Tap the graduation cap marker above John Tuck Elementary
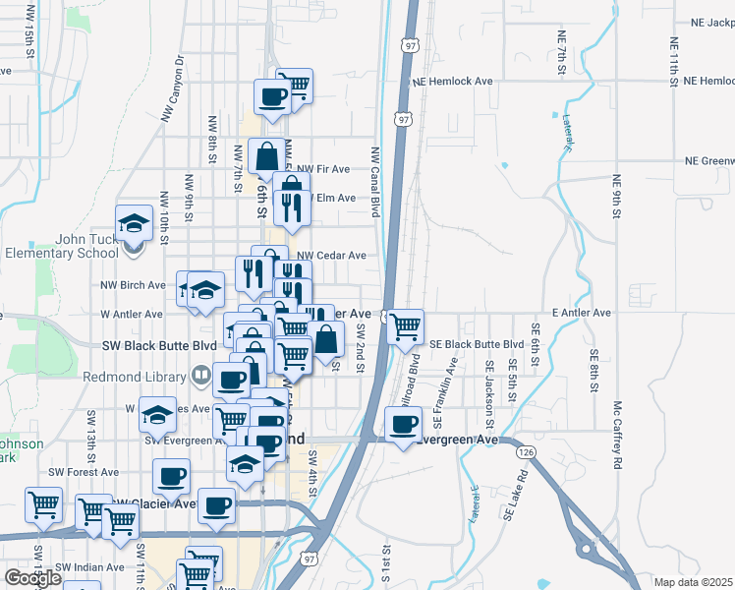coord(134,224)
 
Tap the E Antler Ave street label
coord(581,313)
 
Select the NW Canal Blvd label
coord(375,182)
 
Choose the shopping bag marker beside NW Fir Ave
coord(267,155)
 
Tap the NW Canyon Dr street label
coord(173,88)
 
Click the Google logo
coord(32,578)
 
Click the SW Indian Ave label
coord(89,567)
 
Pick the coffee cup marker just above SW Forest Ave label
coord(171,477)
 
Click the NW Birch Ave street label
coord(133,285)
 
